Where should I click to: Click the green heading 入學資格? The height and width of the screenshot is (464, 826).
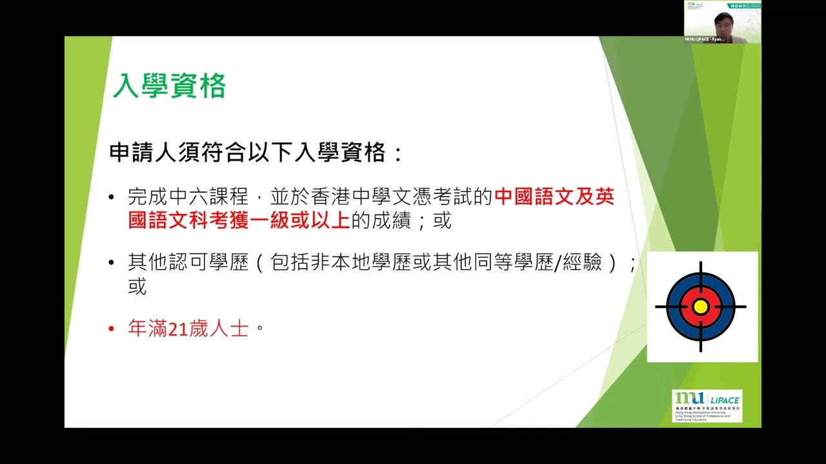169,86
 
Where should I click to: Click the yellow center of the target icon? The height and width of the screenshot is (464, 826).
701,307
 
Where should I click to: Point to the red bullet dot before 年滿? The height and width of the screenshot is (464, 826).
112,329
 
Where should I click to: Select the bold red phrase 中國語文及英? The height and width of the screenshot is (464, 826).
554,197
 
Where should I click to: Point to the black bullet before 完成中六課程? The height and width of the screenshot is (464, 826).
112,198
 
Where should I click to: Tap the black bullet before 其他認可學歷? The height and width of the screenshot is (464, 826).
112,263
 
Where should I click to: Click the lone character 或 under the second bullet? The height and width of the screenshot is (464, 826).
137,286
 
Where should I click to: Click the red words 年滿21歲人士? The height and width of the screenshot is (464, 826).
188,328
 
